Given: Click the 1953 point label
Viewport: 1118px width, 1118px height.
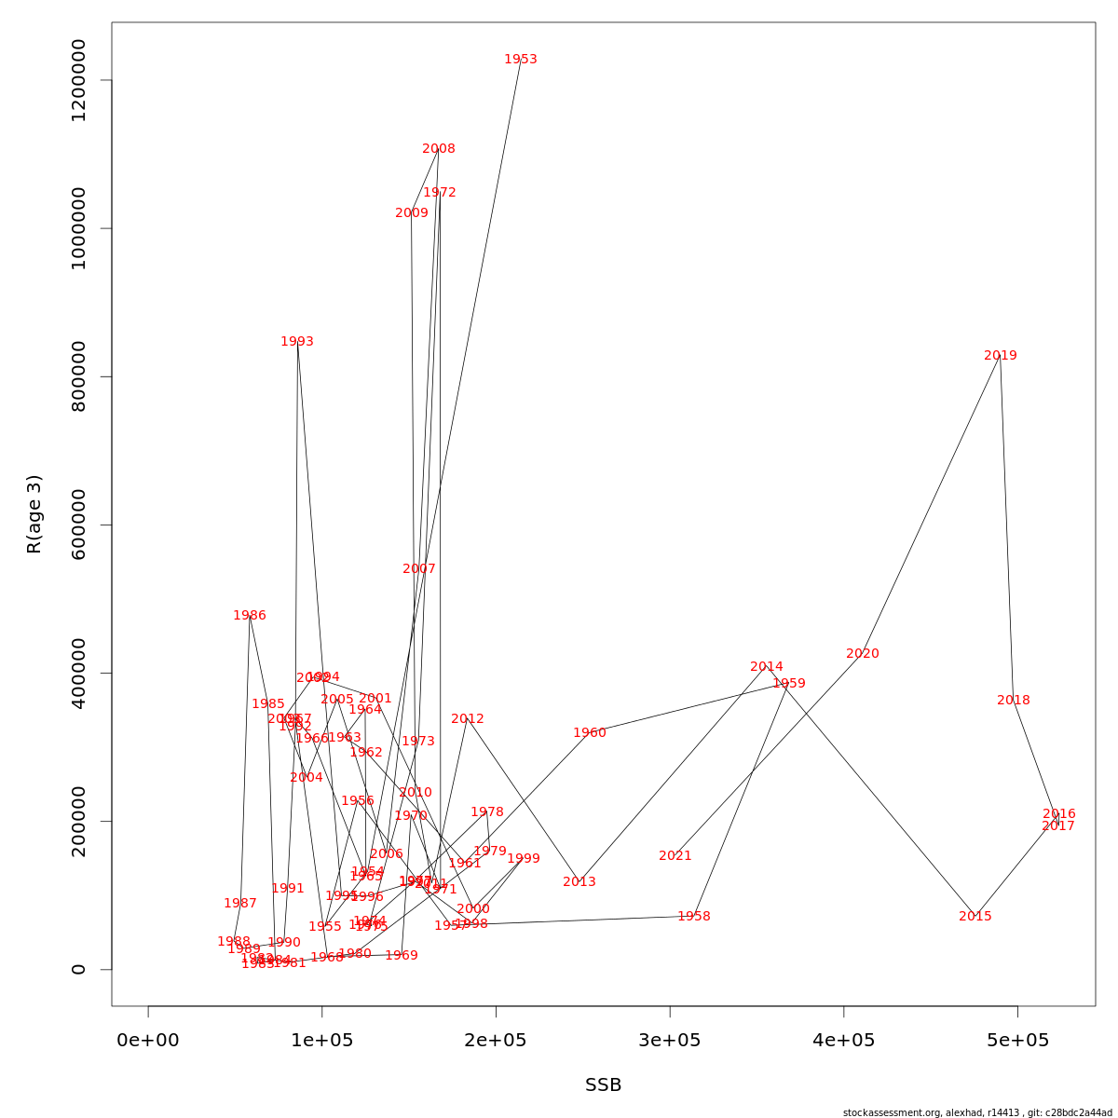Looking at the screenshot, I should (521, 60).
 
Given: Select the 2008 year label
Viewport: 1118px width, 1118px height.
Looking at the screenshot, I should (439, 149).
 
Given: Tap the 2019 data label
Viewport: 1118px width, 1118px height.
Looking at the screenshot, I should (1001, 356).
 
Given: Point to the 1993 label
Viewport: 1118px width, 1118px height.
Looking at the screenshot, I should (297, 342).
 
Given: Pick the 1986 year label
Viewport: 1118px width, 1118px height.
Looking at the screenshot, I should (250, 616).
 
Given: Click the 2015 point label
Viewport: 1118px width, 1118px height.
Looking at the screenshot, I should (975, 917).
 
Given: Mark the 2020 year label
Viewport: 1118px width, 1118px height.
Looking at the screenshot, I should (863, 654).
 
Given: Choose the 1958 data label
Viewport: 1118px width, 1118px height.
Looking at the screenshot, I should (694, 917).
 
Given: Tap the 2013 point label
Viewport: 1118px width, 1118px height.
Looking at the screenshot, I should (579, 882).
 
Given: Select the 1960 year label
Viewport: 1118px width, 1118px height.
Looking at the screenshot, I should (590, 733).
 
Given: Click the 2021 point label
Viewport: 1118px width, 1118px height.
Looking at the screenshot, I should (675, 856).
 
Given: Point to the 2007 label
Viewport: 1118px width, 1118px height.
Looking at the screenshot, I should (419, 569).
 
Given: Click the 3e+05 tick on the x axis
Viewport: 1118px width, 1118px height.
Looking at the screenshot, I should (670, 1041).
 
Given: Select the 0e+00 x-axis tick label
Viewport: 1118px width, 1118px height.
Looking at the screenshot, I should (148, 1041).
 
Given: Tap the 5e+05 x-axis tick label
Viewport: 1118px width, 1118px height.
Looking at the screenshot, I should (1017, 1041).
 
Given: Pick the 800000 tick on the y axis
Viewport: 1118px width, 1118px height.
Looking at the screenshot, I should (78, 376).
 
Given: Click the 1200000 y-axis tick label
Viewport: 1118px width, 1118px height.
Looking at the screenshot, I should (78, 80).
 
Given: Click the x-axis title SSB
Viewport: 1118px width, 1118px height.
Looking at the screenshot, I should (603, 1085).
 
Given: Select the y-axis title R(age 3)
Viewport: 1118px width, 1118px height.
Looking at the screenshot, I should (34, 514).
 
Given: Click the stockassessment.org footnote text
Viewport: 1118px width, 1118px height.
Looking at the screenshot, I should (977, 1112).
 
